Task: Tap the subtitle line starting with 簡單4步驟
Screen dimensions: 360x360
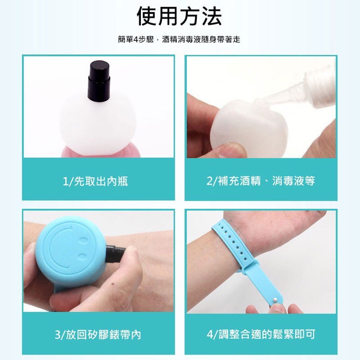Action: coord(179,40)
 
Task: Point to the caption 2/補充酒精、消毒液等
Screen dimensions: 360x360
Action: coord(261,181)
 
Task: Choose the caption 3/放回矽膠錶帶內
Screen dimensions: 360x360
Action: coord(98,334)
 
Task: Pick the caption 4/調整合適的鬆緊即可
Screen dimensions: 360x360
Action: coord(261,334)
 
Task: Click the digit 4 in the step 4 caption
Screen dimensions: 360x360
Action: coord(210,334)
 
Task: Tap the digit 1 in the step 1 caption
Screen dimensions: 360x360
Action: coord(65,181)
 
